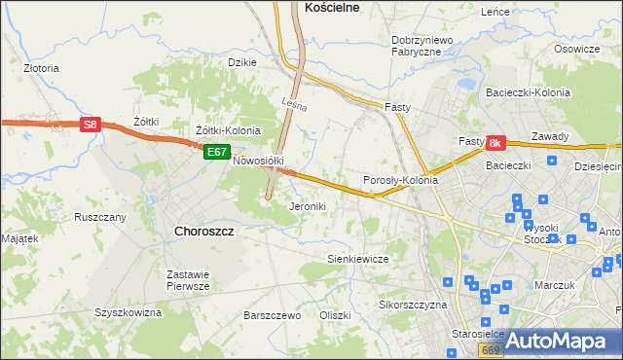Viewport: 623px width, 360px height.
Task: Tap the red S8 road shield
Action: point(90,125)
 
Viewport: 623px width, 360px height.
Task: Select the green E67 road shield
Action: point(216,152)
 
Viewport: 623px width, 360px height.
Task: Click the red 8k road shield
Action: point(495,143)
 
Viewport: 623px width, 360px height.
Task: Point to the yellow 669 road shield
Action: point(491,348)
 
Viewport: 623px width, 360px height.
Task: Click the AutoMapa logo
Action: point(559,342)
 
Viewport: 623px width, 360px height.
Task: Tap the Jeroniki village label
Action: point(308,206)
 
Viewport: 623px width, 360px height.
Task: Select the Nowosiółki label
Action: point(258,161)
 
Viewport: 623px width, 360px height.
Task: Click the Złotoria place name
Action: point(42,69)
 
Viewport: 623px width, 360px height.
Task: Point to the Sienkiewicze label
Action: point(357,259)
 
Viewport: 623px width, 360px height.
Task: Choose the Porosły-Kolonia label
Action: point(400,180)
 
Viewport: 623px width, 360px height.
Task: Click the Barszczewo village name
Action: point(272,315)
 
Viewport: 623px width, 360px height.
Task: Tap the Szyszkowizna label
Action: point(128,312)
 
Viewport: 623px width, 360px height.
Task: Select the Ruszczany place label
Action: point(100,217)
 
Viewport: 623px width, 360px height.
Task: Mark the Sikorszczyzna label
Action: point(412,305)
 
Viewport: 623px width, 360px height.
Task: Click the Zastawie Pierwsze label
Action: point(188,280)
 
